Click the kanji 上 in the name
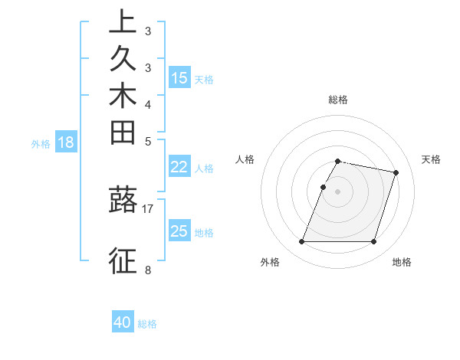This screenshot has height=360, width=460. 123,21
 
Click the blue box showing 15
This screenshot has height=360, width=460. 179,77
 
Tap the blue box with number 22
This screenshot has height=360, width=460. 179,168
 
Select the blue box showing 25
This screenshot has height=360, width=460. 179,231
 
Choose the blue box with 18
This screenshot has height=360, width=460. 66,142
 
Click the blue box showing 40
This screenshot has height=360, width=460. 123,322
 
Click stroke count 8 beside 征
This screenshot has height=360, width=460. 147,270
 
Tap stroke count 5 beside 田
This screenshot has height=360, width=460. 147,141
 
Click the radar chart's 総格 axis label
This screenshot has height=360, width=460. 338,100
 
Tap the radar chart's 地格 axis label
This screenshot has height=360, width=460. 402,263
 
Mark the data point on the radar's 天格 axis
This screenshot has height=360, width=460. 396,173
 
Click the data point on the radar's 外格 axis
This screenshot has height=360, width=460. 302,242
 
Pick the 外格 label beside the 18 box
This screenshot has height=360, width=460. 41,143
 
